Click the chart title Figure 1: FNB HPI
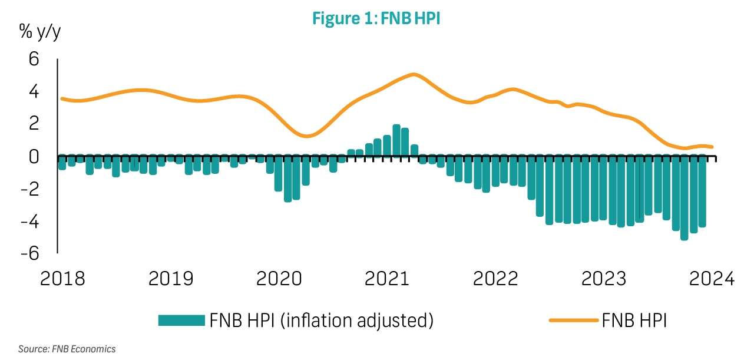point(376,18)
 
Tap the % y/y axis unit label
point(41,32)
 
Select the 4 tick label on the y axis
point(34,92)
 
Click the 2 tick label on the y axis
point(34,124)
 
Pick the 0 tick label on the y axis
point(34,157)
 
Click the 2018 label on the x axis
point(62,278)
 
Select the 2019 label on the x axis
point(171,278)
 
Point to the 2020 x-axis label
point(279,278)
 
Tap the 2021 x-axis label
point(387,278)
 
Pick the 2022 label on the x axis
point(495,278)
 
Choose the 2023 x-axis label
point(604,278)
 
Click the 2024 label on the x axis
point(712,278)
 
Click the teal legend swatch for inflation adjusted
point(181,321)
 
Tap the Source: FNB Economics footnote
point(67,349)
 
